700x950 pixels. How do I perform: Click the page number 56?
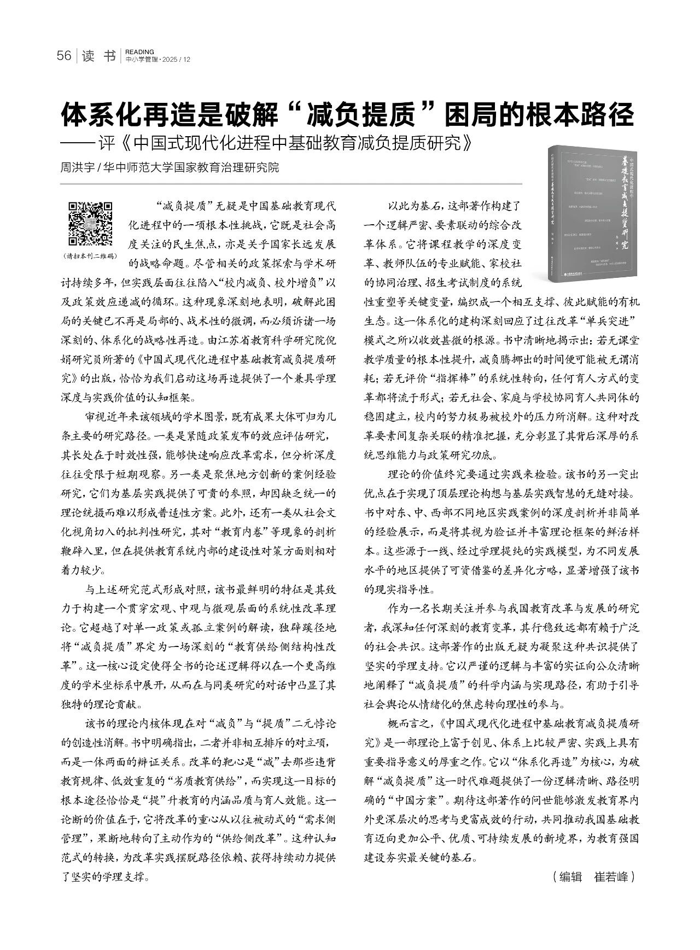tap(65, 56)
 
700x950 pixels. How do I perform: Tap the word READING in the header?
tap(139, 52)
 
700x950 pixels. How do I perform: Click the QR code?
tap(90, 224)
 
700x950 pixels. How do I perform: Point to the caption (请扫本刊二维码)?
tap(90, 255)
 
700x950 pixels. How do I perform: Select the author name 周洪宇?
tap(76, 167)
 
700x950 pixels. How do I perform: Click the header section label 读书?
tap(99, 56)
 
